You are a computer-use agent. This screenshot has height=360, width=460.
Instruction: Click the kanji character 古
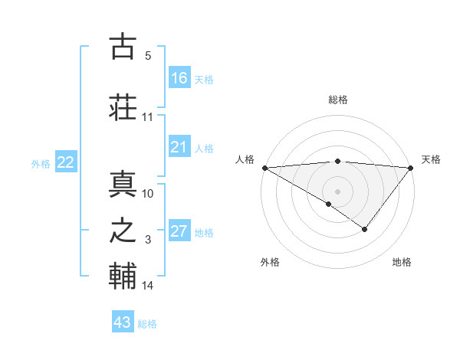tap(123, 47)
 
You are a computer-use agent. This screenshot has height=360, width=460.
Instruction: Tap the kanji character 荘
tap(123, 106)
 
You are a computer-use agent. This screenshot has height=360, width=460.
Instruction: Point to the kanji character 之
tap(123, 231)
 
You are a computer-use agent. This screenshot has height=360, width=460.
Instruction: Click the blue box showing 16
tap(179, 78)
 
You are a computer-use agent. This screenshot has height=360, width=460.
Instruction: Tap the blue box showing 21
tap(179, 147)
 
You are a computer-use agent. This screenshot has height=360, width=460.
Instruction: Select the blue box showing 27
tap(179, 232)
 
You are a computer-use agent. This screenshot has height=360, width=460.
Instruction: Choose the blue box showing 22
tap(66, 162)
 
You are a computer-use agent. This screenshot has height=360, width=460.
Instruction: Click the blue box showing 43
tap(123, 322)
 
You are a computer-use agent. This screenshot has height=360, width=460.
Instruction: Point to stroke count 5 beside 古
tap(148, 56)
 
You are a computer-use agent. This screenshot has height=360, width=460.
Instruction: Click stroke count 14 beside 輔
tap(148, 286)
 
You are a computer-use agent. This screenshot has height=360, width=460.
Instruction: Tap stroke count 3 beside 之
tap(148, 240)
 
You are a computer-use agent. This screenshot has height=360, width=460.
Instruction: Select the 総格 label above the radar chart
tap(338, 100)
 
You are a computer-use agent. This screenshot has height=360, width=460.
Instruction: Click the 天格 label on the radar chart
tap(431, 159)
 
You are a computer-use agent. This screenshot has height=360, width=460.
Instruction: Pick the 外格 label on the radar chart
tap(270, 262)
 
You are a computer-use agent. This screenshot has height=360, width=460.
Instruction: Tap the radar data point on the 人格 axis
tap(264, 167)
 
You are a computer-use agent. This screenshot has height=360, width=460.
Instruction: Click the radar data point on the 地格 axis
tap(365, 229)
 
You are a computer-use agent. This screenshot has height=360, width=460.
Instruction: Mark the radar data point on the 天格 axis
tap(411, 167)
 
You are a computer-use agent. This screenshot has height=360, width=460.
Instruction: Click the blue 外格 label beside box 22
tap(40, 163)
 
